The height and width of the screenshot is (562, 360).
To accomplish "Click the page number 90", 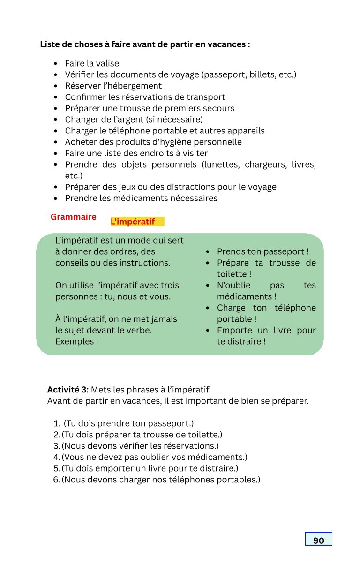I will tap(318, 540).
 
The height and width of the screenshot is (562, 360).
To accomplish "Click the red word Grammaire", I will tap(74, 217).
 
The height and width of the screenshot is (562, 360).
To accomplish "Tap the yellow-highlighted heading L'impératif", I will tap(133, 222).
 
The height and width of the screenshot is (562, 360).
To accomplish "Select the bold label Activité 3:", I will tap(68, 390).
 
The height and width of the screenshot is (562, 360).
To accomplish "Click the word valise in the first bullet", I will tap(107, 63).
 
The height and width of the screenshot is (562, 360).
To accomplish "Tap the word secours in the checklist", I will tap(218, 108).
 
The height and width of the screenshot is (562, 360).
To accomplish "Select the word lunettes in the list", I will tap(223, 164).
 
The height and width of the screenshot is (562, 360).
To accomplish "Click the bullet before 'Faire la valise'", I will tap(56, 64).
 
